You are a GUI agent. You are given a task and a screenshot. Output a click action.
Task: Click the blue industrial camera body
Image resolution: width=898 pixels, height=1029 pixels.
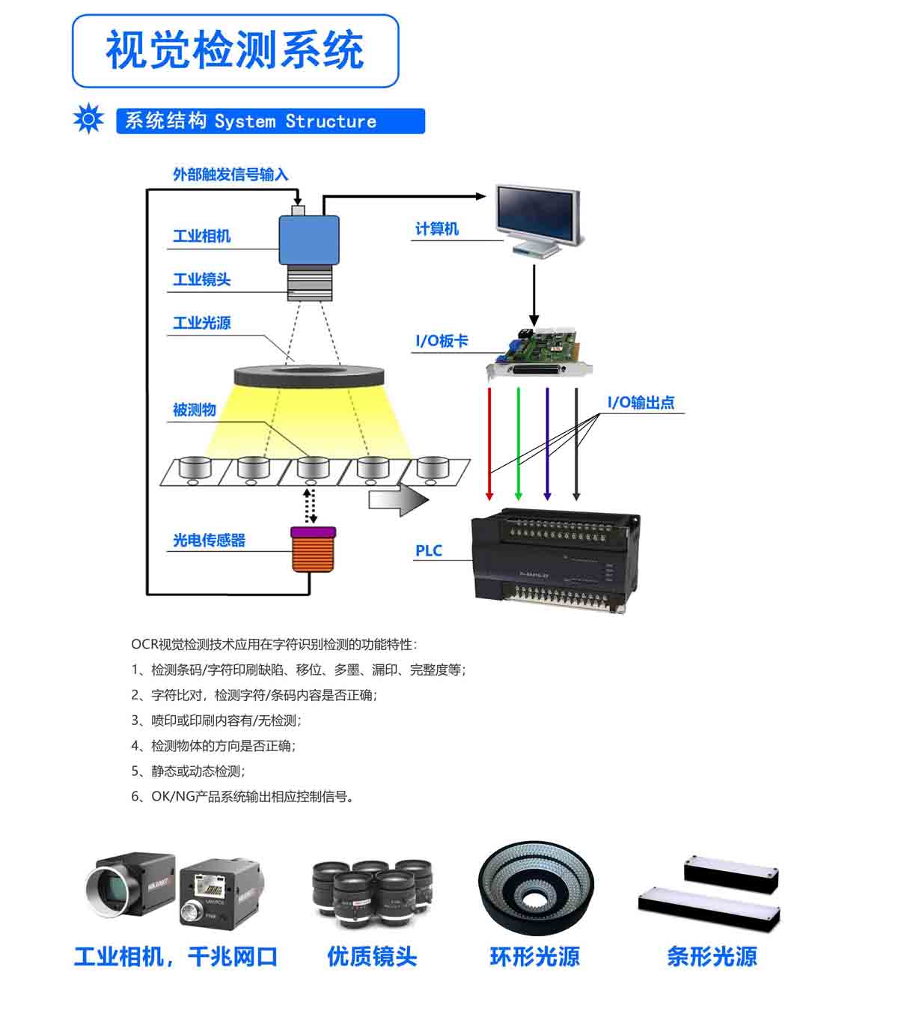pos(309,240)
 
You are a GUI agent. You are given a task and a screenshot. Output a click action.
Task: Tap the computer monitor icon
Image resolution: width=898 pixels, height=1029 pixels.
pos(540,221)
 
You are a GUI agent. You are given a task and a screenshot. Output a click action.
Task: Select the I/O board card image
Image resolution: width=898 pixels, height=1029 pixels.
pos(540,352)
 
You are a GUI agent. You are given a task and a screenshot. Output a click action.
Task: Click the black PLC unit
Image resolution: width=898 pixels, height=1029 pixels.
pos(555,561)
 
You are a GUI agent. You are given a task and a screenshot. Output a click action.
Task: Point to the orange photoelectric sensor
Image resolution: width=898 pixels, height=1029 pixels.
pos(313,549)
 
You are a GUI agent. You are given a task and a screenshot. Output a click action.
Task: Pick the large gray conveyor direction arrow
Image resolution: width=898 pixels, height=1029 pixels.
pos(399,500)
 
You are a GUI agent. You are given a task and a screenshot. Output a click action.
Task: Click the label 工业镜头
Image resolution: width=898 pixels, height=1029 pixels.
pos(202,279)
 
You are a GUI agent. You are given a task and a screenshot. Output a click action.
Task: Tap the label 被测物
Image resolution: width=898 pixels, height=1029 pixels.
pos(195,410)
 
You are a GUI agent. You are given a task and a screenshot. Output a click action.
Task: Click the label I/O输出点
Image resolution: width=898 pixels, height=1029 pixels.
pos(641,402)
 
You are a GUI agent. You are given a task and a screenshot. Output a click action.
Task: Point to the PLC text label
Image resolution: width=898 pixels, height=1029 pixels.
pos(429,550)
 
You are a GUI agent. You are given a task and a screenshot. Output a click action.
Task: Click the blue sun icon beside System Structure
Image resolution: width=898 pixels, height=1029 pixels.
pos(88,118)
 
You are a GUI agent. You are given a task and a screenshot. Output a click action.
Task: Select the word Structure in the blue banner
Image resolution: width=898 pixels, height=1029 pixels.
pos(332,121)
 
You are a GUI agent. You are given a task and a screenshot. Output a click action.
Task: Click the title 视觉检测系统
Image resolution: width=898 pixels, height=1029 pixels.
pos(235,49)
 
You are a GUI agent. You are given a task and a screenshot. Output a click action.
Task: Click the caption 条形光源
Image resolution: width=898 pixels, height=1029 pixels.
pos(712,956)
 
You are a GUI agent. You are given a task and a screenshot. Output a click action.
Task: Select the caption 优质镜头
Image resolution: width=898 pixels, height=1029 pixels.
pos(372,956)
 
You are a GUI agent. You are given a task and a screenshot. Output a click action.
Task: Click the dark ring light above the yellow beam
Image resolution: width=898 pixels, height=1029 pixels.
pos(309,376)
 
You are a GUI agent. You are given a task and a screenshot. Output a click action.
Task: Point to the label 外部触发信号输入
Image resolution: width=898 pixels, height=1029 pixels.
pos(230,174)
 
